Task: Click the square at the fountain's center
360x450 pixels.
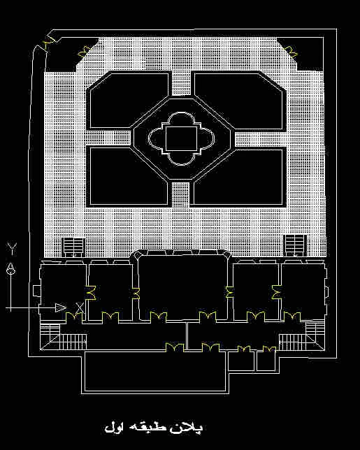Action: click(x=182, y=138)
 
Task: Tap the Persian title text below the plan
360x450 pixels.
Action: click(x=154, y=428)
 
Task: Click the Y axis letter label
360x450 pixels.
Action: click(x=12, y=249)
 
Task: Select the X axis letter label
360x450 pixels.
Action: click(x=80, y=307)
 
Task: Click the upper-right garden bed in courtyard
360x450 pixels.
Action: click(x=239, y=101)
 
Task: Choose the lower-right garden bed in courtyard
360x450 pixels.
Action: click(x=239, y=177)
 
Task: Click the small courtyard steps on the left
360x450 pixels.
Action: click(x=73, y=247)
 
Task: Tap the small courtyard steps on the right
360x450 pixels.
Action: click(x=295, y=245)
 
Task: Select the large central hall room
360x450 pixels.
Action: click(x=182, y=287)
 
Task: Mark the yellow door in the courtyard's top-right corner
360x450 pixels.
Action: click(x=291, y=51)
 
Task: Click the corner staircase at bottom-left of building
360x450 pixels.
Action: click(x=63, y=337)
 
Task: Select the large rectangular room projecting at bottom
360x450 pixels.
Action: click(x=155, y=372)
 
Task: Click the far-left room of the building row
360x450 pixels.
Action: click(x=63, y=292)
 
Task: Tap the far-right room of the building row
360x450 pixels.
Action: click(x=303, y=291)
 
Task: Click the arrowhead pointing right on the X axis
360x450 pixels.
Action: click(x=61, y=307)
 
